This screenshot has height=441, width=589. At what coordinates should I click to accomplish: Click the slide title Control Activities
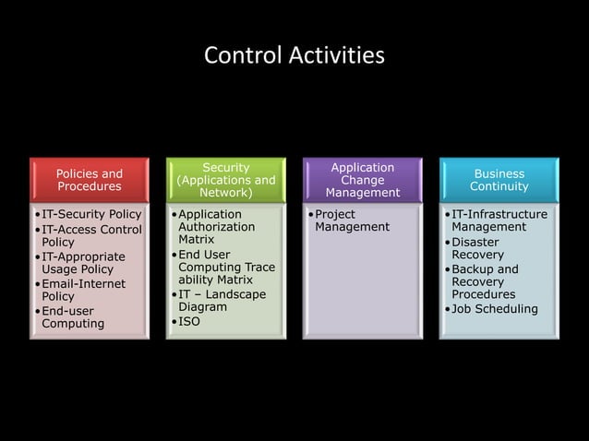tap(294, 56)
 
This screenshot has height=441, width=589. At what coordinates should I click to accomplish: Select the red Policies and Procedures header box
tap(90, 180)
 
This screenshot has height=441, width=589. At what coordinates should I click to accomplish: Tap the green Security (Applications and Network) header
tap(226, 180)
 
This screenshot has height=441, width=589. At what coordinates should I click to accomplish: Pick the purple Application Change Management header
tap(363, 180)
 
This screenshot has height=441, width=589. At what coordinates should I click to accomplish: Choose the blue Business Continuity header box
tap(499, 180)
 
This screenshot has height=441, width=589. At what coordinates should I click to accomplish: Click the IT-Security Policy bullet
tap(91, 215)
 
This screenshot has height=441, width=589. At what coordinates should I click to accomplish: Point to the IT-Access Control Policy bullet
tap(91, 235)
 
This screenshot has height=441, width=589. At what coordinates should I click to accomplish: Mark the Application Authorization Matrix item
tap(216, 226)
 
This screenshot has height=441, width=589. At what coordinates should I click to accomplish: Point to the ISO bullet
tap(188, 321)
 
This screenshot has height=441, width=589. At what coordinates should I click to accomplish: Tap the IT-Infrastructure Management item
tap(499, 220)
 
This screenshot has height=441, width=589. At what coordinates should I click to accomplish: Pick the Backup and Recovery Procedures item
tap(490, 281)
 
